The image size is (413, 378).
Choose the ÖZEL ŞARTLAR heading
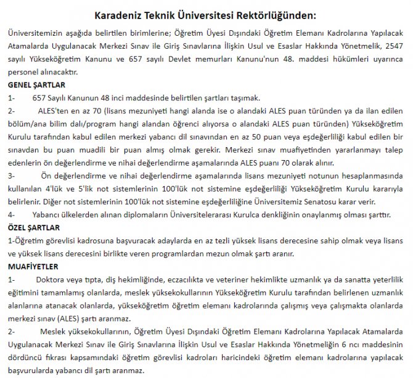point(33,227)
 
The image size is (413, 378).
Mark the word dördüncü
point(24,358)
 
